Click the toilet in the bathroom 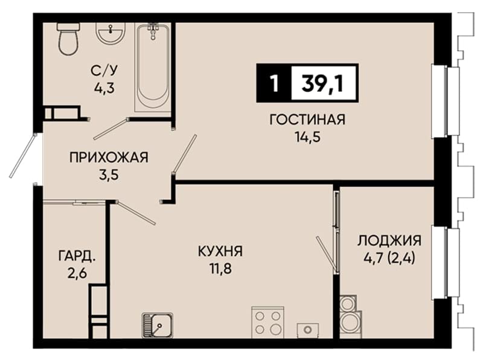tap(68, 39)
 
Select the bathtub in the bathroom tap(153, 68)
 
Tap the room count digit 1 tap(274, 83)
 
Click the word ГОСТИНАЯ tap(307, 120)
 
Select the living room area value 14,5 tap(308, 137)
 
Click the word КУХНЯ tap(220, 251)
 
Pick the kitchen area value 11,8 tap(220, 269)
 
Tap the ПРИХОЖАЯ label tap(109, 158)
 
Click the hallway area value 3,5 tap(109, 175)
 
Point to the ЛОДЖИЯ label tap(389, 240)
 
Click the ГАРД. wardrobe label tap(77, 256)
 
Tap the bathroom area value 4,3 tap(104, 88)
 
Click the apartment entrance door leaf tap(23, 156)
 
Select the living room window tap(445, 101)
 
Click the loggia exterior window tap(445, 263)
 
